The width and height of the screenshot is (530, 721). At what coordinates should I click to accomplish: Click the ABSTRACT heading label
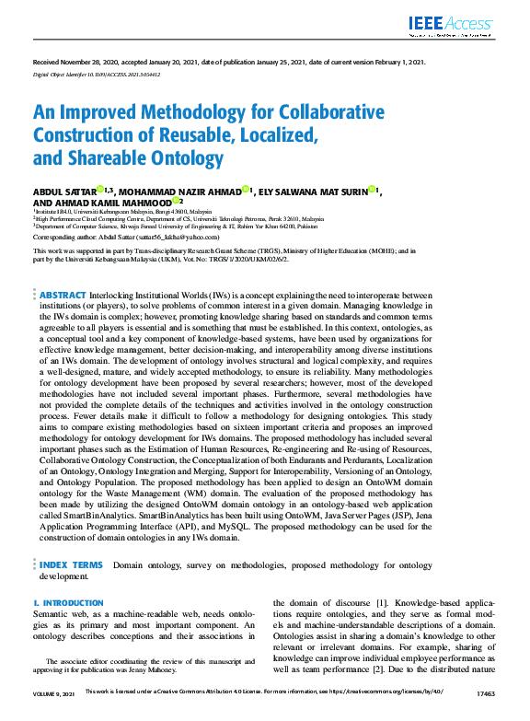tap(63, 295)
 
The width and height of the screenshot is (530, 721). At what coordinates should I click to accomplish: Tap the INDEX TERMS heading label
tap(72, 564)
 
